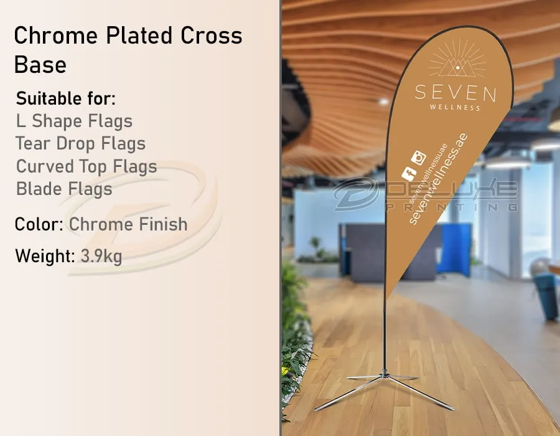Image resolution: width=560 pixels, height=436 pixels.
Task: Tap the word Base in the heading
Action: (40, 64)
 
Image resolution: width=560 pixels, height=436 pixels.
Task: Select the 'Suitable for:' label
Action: (66, 98)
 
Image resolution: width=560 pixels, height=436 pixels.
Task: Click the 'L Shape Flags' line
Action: (74, 121)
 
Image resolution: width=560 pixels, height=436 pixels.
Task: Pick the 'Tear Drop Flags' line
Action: (81, 144)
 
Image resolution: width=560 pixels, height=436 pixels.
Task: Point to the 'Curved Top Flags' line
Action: (86, 166)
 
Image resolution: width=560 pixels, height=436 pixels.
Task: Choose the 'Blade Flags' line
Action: (64, 189)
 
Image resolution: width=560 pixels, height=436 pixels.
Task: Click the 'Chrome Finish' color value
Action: (128, 224)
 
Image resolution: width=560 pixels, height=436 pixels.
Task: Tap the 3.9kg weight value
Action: (101, 256)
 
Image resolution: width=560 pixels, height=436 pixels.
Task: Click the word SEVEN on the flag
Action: (455, 93)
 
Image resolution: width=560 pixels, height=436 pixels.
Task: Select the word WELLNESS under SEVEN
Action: (455, 108)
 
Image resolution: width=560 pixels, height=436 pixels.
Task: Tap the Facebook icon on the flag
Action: (408, 174)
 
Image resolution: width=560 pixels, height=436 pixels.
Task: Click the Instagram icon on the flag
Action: (421, 158)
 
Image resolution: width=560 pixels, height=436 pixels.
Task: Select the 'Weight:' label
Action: (45, 256)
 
